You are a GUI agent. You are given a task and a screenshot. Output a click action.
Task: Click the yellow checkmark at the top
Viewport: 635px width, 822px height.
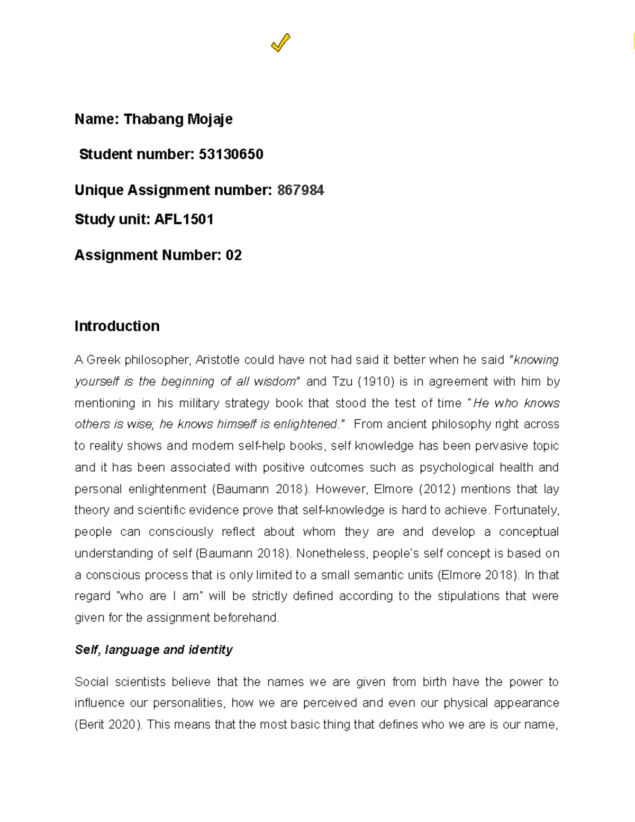(280, 43)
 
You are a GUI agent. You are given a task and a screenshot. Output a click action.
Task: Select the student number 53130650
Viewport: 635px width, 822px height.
(231, 155)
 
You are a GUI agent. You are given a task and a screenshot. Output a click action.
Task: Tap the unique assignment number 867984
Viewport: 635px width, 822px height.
(300, 191)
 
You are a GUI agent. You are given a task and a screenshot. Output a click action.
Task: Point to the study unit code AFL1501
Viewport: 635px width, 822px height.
(184, 220)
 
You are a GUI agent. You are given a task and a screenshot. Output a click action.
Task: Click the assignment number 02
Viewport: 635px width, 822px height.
(233, 256)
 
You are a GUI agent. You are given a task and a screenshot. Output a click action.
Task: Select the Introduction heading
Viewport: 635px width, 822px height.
(117, 326)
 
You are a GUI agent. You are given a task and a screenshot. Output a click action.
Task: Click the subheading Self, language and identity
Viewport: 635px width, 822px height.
(153, 649)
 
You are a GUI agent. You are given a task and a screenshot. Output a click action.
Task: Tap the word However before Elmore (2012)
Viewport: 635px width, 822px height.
(342, 489)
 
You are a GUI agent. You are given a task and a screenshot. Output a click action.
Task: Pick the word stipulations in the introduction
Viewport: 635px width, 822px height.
(468, 597)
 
